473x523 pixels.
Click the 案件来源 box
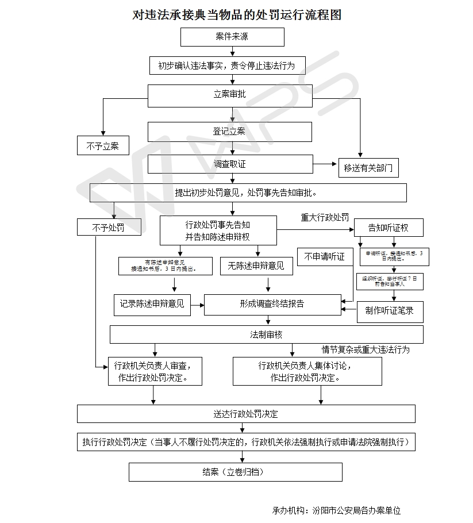click(232, 37)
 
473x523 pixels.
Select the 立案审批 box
click(230, 95)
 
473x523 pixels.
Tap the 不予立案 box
click(103, 146)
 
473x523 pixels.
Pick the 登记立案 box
click(230, 132)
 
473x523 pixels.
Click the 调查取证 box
click(230, 164)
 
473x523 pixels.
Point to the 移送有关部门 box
click(368, 168)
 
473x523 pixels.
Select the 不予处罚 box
click(109, 228)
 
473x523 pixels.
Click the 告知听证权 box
click(389, 228)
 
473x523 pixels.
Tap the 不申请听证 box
click(325, 257)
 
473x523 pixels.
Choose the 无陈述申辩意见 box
click(256, 266)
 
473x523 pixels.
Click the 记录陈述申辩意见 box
click(152, 304)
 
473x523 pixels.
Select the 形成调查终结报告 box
click(272, 304)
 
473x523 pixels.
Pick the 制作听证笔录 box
click(390, 311)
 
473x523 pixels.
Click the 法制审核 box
click(266, 334)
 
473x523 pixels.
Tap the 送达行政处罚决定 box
click(246, 414)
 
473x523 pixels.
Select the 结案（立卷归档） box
click(235, 472)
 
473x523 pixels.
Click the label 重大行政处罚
click(325, 218)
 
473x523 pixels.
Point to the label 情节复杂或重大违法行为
click(366, 349)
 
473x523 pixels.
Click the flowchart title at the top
click(237, 15)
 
